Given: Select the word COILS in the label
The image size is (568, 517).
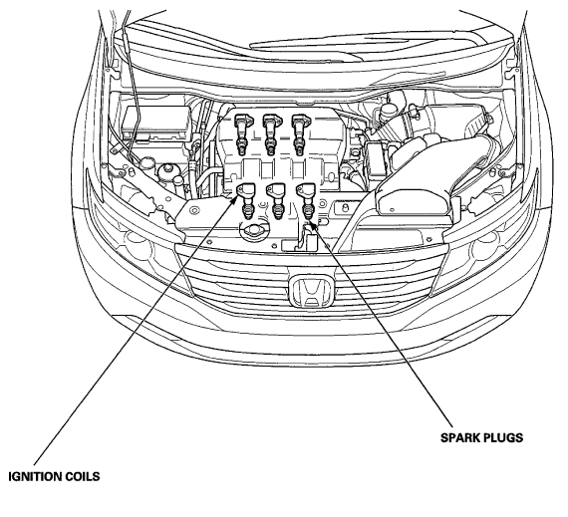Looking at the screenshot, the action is tap(83, 476).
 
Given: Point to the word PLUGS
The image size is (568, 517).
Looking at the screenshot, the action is tap(504, 437).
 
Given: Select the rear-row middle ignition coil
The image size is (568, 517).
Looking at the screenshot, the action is tap(271, 133).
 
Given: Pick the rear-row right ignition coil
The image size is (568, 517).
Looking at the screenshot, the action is tap(300, 133).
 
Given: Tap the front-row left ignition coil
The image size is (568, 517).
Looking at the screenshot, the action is tap(247, 200).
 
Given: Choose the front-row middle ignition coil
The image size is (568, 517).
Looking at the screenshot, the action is tap(277, 200).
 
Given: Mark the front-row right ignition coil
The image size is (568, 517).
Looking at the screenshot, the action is tap(307, 200).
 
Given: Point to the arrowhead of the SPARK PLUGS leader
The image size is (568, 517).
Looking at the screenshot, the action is tap(313, 224).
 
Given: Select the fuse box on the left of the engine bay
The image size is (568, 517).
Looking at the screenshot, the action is tap(156, 124).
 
